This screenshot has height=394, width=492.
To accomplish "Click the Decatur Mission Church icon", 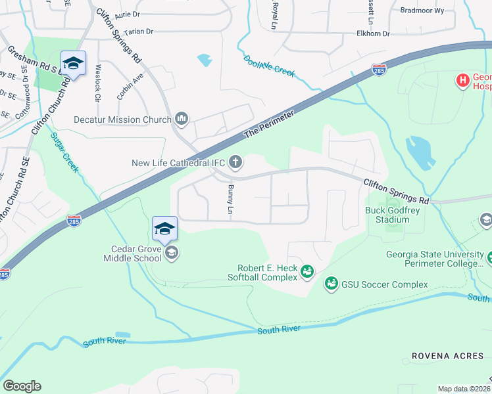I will pyautogui.click(x=182, y=119).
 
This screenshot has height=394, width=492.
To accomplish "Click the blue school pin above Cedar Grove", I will pyautogui.click(x=164, y=229).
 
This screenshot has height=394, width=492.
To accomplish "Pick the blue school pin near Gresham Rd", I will pyautogui.click(x=73, y=64).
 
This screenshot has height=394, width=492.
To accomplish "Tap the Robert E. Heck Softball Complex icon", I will pyautogui.click(x=306, y=271).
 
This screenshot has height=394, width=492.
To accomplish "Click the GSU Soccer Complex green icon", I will pyautogui.click(x=331, y=284).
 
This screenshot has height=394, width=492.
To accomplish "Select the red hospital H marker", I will pyautogui.click(x=462, y=81).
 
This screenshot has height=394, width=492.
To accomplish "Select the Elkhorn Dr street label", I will pyautogui.click(x=373, y=33).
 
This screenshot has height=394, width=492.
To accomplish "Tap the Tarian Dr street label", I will pyautogui.click(x=134, y=31).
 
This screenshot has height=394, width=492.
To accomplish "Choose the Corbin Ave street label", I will pyautogui.click(x=130, y=85).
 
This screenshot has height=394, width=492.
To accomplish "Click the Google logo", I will pyautogui.click(x=22, y=386).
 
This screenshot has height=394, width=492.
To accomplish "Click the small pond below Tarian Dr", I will pyautogui.click(x=205, y=60).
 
